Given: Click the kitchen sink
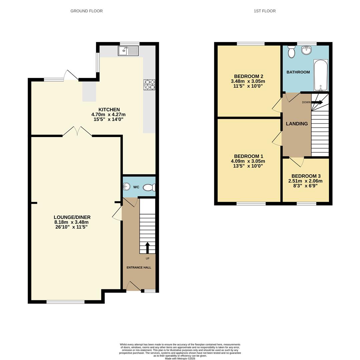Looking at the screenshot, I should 128,51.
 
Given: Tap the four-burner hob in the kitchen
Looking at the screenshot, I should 149,85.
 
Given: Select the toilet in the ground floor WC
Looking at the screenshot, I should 149,188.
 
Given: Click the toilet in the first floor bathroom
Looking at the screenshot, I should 291,52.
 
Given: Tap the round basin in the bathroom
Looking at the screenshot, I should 306,50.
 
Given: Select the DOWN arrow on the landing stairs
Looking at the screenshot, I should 317,102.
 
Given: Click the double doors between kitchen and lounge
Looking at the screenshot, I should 77,132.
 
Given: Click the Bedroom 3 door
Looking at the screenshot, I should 297,161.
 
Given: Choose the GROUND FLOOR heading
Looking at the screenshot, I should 86,11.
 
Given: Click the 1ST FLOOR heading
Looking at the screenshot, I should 265,11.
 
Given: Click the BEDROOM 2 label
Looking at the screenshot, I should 249,76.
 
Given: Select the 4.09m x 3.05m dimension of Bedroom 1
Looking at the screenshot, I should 248,161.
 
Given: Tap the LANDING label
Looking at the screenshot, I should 297,124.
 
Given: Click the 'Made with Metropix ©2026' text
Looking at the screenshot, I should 180,358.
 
